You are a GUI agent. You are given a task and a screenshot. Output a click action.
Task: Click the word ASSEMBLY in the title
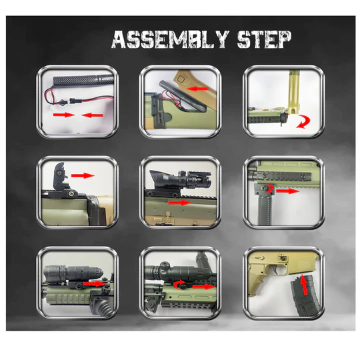click(171, 39)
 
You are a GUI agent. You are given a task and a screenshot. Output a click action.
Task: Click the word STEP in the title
click(264, 39)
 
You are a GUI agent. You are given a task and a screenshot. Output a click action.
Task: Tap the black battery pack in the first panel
click(83, 79)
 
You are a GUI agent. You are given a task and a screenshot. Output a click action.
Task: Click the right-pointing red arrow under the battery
click(64, 115)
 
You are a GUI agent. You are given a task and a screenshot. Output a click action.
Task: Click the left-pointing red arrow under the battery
click(92, 115)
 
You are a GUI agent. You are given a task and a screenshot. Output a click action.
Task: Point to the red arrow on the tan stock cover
click(197, 89)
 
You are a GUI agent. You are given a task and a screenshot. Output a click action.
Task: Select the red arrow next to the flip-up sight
click(83, 175)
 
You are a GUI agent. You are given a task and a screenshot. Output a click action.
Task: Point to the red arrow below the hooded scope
click(179, 203)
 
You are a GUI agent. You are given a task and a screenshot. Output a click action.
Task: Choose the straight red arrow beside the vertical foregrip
click(288, 191)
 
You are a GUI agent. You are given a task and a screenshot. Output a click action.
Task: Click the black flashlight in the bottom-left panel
click(73, 274)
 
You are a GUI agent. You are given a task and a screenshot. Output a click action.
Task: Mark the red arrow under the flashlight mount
click(95, 284)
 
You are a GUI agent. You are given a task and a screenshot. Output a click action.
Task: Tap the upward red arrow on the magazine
click(304, 285)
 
